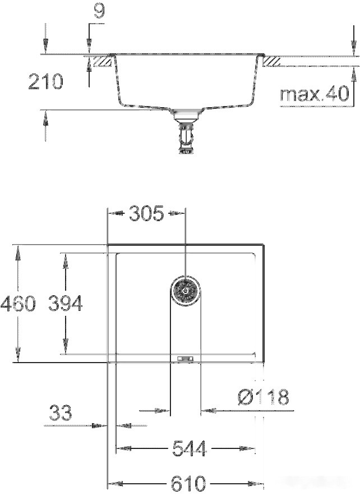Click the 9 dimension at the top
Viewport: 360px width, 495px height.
(x=99, y=12)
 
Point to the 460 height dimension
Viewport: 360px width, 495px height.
(x=17, y=304)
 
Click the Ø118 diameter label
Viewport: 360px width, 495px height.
(x=262, y=398)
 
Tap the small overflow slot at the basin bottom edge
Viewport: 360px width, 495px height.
(x=184, y=357)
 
